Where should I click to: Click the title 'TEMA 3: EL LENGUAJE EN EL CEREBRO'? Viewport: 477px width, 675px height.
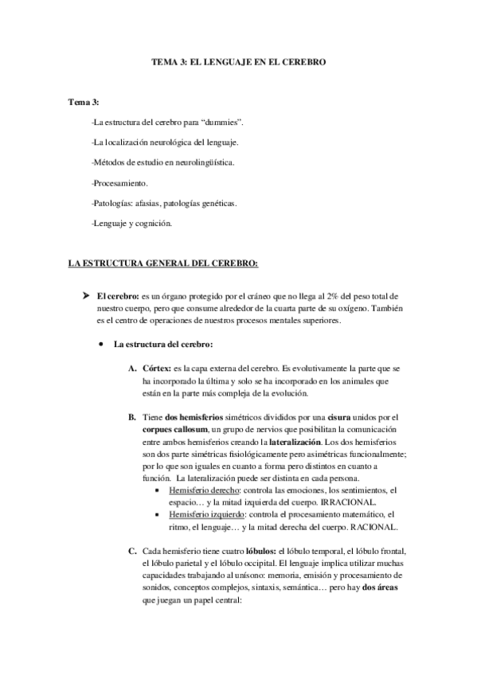239,60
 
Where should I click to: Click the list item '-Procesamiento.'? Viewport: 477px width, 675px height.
120,182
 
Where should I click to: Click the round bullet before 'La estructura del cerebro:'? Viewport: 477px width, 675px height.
102,345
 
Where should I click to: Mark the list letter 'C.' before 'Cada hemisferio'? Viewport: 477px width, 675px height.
131,551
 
